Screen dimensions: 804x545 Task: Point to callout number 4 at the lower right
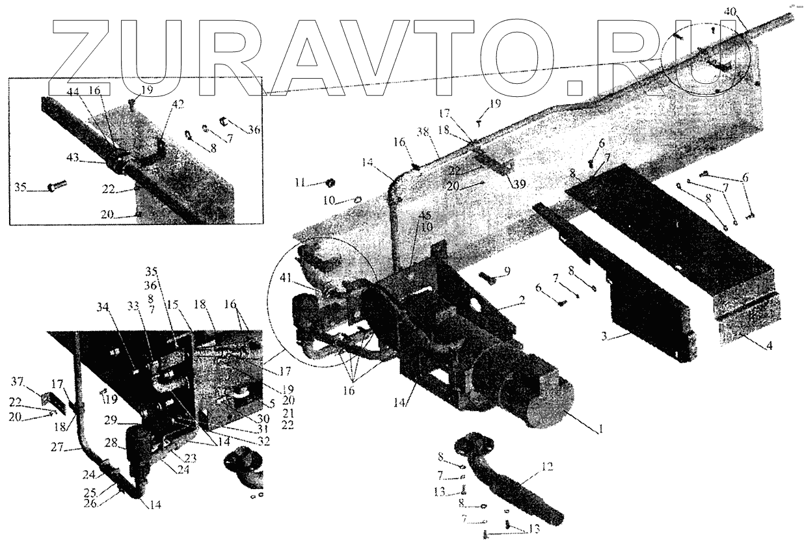click(x=769, y=346)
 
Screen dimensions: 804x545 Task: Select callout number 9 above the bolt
click(x=506, y=271)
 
